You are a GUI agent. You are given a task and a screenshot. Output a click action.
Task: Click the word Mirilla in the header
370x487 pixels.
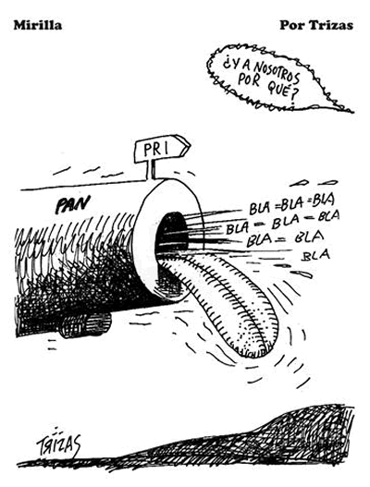point(38,25)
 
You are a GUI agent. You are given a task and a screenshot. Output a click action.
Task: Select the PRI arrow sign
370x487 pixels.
point(162,149)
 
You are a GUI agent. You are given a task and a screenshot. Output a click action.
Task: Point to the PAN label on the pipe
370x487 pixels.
point(72,204)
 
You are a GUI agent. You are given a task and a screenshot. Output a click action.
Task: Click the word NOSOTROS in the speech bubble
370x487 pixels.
point(277,71)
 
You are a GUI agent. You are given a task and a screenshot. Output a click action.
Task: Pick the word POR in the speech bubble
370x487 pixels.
point(250,79)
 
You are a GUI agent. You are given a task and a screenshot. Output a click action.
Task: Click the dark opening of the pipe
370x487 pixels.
point(171,233)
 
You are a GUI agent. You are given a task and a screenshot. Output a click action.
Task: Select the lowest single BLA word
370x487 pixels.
point(316,255)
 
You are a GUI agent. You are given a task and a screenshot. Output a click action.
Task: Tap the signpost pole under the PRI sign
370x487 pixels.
point(151,170)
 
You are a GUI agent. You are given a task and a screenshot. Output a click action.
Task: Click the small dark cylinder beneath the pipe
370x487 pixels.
point(84,325)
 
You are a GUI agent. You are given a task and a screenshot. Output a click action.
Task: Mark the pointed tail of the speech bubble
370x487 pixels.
point(352,110)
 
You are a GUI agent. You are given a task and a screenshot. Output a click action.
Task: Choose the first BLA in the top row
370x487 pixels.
point(261,208)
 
